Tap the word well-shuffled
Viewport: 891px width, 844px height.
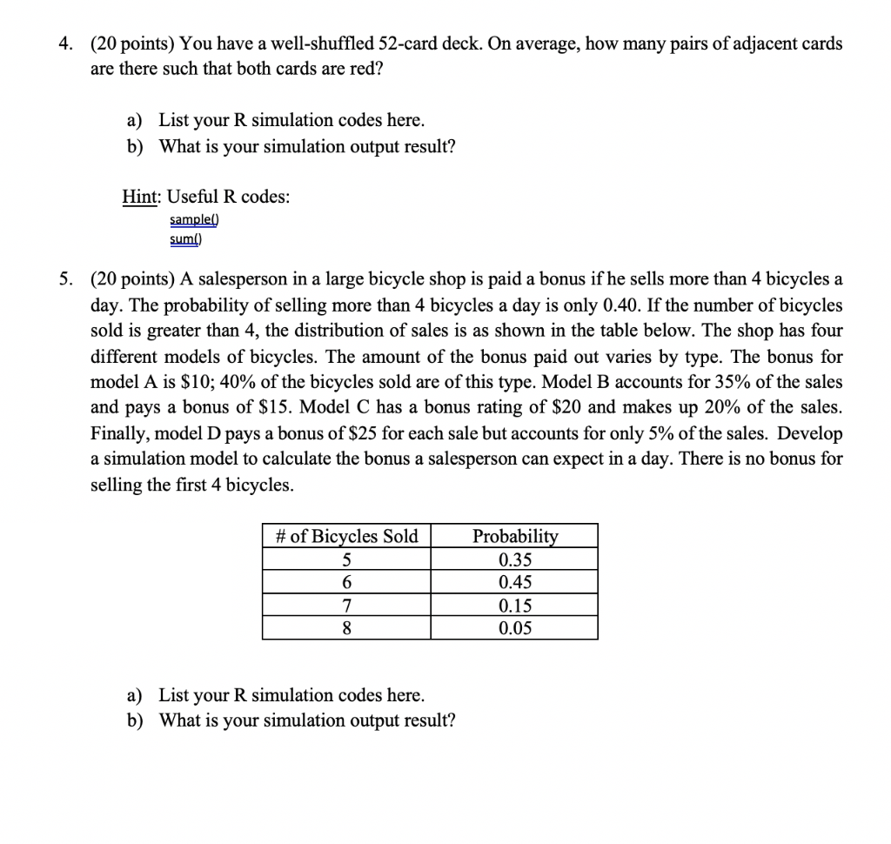pyautogui.click(x=292, y=44)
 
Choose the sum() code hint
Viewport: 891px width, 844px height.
pyautogui.click(x=186, y=238)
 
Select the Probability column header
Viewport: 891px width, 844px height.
pyautogui.click(x=514, y=536)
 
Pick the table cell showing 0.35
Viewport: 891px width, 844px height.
pyautogui.click(x=514, y=559)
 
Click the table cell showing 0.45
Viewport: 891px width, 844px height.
pyautogui.click(x=514, y=582)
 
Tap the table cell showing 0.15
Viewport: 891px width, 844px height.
pyautogui.click(x=514, y=606)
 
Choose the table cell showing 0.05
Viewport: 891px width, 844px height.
pyautogui.click(x=514, y=628)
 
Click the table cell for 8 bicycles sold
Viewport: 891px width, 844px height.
pyautogui.click(x=345, y=628)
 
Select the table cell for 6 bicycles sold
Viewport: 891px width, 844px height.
pyautogui.click(x=345, y=582)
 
